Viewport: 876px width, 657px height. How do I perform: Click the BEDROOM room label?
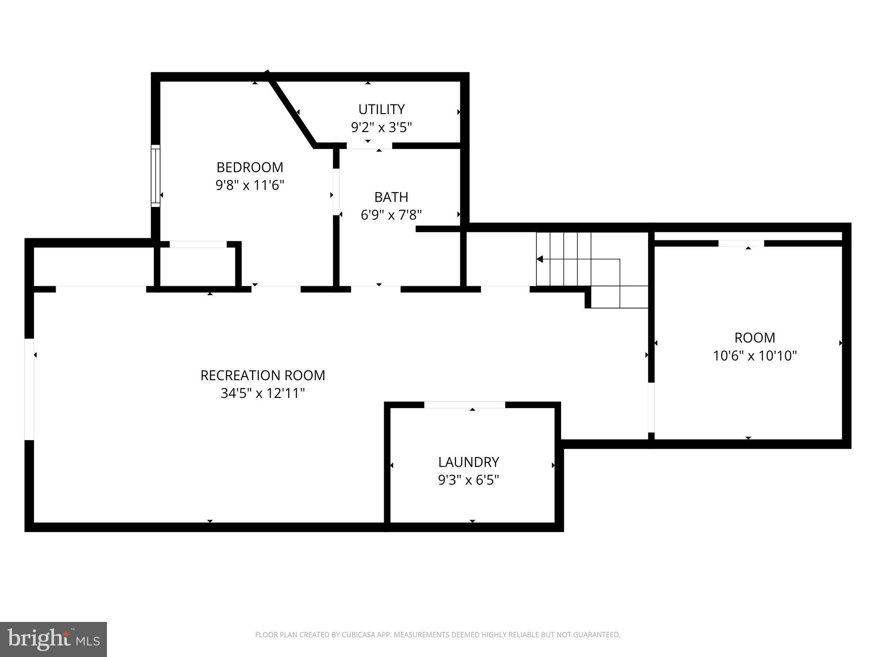pos(250,167)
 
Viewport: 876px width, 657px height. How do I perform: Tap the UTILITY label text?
pos(381,109)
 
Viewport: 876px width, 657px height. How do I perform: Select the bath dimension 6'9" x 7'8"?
pos(391,215)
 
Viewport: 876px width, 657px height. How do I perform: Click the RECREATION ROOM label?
pos(263,376)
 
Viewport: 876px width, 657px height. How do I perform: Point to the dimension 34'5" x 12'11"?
pos(263,394)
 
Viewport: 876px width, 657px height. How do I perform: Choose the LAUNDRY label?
pos(468,462)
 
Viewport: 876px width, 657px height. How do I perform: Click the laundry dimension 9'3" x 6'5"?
pos(468,480)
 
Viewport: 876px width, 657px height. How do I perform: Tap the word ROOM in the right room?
pos(755,338)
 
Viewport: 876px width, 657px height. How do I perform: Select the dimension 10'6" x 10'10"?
pos(755,356)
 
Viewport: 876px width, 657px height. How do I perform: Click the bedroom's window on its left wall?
pos(155,176)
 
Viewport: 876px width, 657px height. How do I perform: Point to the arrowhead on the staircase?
pos(540,259)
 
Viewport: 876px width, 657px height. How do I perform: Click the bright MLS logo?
pos(53,639)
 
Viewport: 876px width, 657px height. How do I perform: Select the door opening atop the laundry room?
pos(465,405)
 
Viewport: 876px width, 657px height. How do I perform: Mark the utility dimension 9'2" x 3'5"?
pos(381,127)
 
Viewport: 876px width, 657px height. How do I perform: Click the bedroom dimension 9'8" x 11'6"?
pos(250,185)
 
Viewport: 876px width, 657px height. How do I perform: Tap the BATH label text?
pos(391,197)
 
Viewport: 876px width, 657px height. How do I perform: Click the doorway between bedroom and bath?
pos(336,192)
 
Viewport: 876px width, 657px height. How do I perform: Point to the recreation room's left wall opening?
pos(29,389)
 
